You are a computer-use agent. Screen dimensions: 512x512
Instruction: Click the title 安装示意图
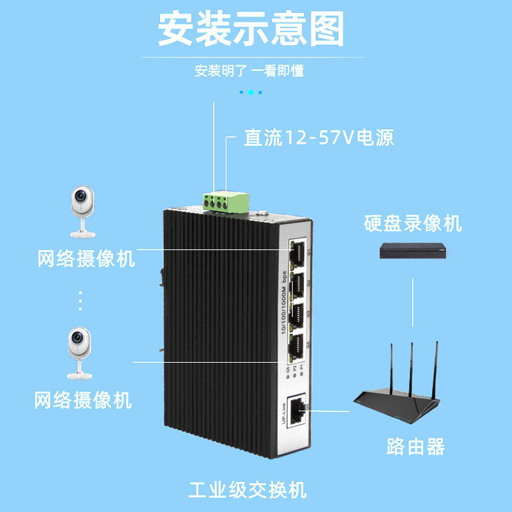[251, 29]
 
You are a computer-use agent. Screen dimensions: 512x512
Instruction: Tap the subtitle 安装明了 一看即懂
[249, 71]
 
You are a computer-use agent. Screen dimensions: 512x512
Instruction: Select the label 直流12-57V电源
[318, 138]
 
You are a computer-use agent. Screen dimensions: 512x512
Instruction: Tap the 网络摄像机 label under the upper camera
[86, 259]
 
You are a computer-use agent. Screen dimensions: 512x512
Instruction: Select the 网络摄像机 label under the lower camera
[83, 401]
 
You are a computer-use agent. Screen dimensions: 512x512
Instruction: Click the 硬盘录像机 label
[413, 224]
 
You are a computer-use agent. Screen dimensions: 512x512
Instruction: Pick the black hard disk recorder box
[412, 251]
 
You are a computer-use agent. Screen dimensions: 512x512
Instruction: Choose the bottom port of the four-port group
[296, 346]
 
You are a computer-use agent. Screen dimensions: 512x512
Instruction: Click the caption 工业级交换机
[248, 491]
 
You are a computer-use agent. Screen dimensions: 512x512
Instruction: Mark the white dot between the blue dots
[251, 92]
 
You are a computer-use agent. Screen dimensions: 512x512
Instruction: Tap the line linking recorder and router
[413, 301]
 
